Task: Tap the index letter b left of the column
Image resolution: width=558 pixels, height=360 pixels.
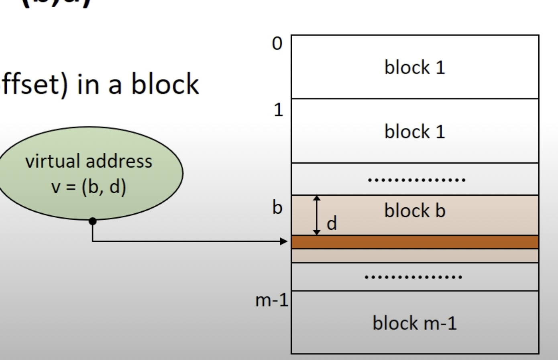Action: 277,208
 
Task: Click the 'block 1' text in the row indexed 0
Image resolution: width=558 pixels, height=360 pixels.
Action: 415,67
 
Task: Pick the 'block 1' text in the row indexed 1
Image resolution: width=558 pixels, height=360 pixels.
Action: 415,132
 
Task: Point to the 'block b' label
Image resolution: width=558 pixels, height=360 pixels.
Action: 415,211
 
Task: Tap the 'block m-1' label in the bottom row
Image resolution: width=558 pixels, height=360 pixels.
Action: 415,323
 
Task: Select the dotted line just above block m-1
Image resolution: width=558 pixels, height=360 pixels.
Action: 413,277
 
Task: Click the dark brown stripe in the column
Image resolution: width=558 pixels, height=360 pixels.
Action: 415,242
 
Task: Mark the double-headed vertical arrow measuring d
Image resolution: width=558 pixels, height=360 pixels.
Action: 317,215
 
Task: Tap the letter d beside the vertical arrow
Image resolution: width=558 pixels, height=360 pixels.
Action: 332,224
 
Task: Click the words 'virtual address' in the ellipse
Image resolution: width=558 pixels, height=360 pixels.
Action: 89,162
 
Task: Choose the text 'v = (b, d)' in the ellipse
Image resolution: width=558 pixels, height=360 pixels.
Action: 89,187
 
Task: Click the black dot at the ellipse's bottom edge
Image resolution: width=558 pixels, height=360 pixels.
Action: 93,221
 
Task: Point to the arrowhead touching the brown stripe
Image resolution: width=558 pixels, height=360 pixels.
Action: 284,241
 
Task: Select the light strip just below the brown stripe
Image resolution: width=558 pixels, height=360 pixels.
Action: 415,256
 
